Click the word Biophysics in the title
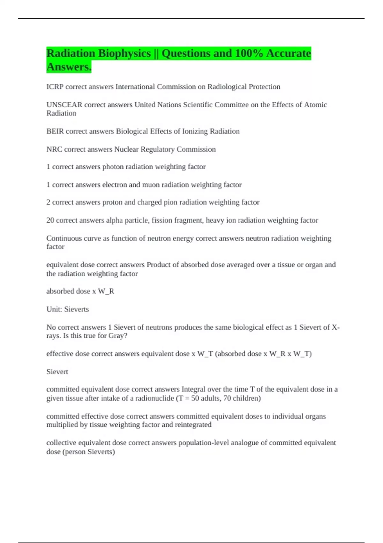point(124,53)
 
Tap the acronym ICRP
point(55,87)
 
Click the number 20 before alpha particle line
point(50,220)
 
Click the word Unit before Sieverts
point(54,309)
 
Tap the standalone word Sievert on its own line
point(57,372)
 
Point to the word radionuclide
point(154,398)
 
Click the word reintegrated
point(191,425)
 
